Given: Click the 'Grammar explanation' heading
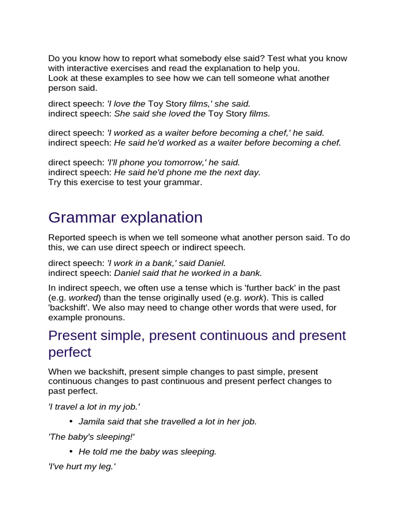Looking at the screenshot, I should [125, 217].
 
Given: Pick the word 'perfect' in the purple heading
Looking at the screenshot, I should [70, 352].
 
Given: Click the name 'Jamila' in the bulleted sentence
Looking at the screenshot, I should [91, 422].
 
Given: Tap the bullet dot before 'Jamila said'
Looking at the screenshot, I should [71, 422].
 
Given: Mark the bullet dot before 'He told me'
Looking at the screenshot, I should [71, 452].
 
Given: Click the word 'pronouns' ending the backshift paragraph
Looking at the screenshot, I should [107, 317].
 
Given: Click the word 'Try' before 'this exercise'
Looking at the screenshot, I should [55, 182].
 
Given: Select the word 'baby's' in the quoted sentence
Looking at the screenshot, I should [80, 437].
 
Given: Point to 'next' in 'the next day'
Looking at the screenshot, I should [227, 172].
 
